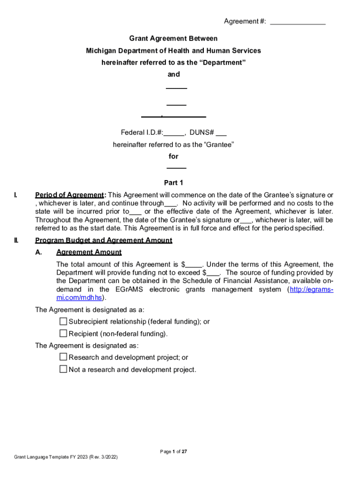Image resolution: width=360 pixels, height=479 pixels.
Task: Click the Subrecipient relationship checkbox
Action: click(x=64, y=321)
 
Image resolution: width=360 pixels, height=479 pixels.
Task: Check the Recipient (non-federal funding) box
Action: click(x=64, y=334)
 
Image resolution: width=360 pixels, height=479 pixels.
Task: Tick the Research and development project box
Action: click(x=64, y=357)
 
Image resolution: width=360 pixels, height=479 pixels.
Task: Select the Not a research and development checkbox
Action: click(x=64, y=369)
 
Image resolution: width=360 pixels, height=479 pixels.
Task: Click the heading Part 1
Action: click(x=173, y=183)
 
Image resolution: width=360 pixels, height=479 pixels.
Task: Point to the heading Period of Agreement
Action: click(x=69, y=195)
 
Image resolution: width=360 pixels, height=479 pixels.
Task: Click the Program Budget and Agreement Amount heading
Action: click(x=104, y=240)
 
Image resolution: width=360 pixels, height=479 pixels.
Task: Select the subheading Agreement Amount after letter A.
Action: click(x=89, y=252)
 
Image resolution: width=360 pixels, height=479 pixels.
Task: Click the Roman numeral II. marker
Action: click(x=16, y=240)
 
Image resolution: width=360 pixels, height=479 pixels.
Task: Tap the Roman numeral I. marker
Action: click(x=15, y=195)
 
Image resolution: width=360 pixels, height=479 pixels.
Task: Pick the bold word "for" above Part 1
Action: click(x=173, y=156)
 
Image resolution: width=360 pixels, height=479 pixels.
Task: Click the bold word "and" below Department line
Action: click(x=173, y=74)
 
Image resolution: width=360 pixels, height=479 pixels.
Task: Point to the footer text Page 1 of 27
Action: click(x=173, y=451)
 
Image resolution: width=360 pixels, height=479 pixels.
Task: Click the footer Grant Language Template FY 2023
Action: click(x=66, y=457)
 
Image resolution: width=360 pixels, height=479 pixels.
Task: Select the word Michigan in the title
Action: click(x=100, y=51)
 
